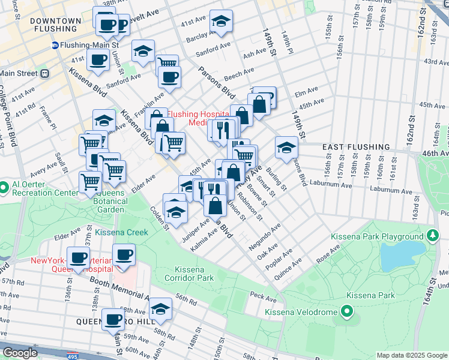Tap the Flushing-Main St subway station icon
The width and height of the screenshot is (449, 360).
55,44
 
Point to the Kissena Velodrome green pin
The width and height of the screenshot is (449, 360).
346,311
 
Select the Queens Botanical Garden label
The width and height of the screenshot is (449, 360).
106,197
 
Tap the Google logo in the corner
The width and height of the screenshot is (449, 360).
19,353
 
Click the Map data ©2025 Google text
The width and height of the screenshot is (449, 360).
412,355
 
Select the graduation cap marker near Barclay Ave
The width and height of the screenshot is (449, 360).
221,22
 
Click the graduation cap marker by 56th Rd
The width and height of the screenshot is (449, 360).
160,309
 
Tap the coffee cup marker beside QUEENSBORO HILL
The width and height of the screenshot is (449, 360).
113,319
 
